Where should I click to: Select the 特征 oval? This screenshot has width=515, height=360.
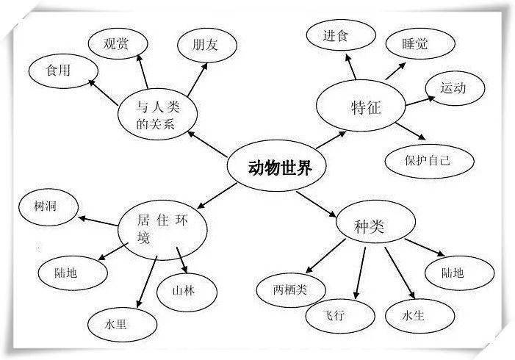tap(362, 109)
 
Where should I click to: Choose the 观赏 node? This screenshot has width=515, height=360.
tap(117, 44)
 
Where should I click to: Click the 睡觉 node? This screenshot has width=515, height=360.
tap(416, 44)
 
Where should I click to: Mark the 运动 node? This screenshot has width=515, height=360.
tap(454, 88)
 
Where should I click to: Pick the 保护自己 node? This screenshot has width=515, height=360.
tap(429, 159)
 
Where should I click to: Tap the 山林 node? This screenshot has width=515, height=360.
tap(187, 291)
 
